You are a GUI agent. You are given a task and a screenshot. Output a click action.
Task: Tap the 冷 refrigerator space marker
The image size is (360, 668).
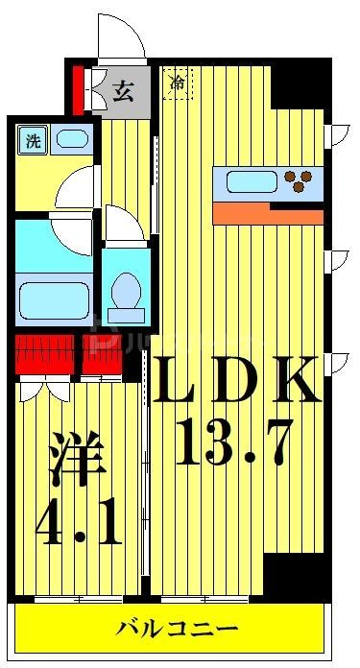point(179,84)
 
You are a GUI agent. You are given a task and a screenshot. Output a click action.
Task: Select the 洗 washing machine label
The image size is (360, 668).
point(34,140)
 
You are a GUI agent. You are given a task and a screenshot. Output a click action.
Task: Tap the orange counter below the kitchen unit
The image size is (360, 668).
point(267,212)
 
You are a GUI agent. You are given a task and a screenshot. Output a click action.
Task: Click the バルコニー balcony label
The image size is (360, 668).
point(179,630)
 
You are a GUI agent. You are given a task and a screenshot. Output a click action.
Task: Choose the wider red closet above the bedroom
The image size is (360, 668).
point(45,355)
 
